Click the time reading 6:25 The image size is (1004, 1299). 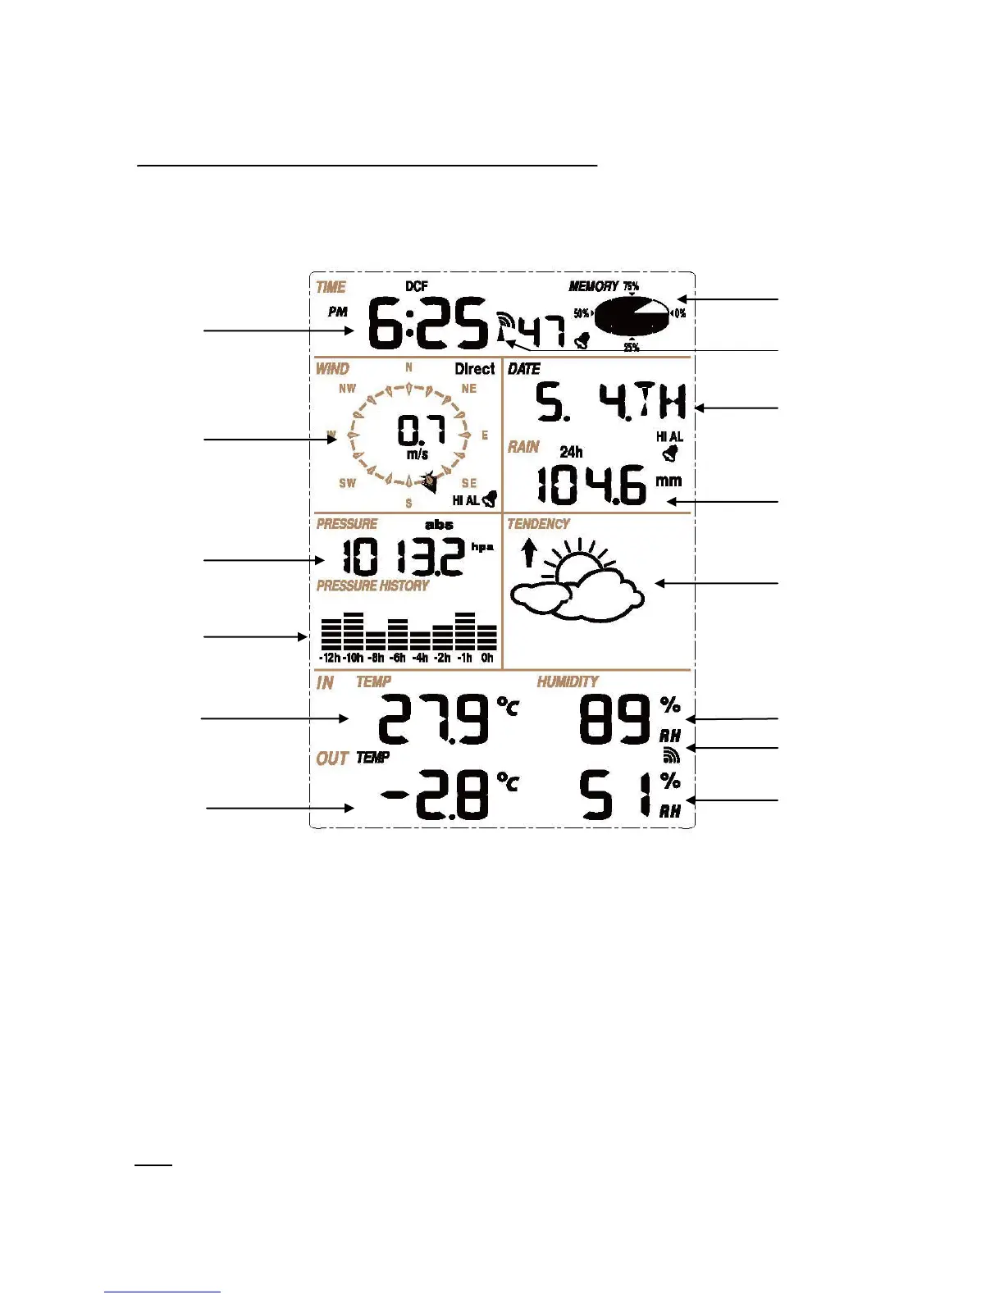click(x=427, y=324)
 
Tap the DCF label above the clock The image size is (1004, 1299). click(x=417, y=286)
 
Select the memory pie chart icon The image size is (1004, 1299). click(x=632, y=316)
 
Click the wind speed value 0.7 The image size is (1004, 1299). click(x=421, y=430)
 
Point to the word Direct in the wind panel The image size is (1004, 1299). click(x=475, y=369)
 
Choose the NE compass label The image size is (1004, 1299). click(x=468, y=389)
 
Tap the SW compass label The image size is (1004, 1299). click(x=348, y=483)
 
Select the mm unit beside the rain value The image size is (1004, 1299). click(x=669, y=481)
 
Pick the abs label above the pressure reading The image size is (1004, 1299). click(x=439, y=525)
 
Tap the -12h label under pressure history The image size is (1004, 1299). click(x=330, y=658)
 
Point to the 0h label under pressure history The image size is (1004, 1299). click(x=487, y=658)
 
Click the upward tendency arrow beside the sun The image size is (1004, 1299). click(x=530, y=552)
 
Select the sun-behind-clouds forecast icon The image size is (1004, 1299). click(x=579, y=582)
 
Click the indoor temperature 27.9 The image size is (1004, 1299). click(x=433, y=719)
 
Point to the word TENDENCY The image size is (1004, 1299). click(x=538, y=524)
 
